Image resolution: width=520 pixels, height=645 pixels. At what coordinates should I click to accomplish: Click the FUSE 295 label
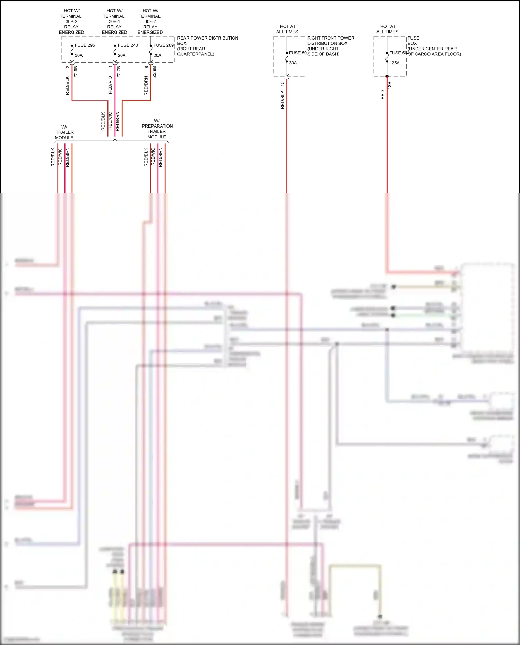pyautogui.click(x=85, y=45)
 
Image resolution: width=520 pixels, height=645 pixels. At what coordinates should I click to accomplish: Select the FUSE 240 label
pyautogui.click(x=128, y=45)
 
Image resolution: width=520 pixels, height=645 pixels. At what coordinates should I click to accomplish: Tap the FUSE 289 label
pyautogui.click(x=163, y=45)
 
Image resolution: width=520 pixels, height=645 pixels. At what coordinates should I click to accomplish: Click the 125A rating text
pyautogui.click(x=395, y=63)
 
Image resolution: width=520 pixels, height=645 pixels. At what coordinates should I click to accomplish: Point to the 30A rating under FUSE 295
pyautogui.click(x=79, y=55)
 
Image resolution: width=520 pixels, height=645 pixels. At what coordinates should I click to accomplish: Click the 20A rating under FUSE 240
pyautogui.click(x=122, y=55)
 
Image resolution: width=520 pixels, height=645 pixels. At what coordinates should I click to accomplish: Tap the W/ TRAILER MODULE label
pyautogui.click(x=64, y=132)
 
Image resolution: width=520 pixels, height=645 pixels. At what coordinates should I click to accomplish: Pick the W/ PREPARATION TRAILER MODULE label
pyautogui.click(x=157, y=129)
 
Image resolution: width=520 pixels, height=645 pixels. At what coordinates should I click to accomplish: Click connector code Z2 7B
pyautogui.click(x=119, y=72)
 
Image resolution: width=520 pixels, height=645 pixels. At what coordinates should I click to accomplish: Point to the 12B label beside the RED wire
pyautogui.click(x=390, y=85)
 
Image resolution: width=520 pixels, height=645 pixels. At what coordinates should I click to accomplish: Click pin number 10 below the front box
pyautogui.click(x=282, y=84)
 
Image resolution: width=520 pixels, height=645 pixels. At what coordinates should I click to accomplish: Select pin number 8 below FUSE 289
pyautogui.click(x=147, y=67)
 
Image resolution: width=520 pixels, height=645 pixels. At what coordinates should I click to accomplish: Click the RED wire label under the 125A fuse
pyautogui.click(x=383, y=95)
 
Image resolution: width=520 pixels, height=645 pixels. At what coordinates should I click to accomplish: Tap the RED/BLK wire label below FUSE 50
pyautogui.click(x=282, y=100)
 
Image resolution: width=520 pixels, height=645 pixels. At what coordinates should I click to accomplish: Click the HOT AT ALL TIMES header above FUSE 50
pyautogui.click(x=287, y=29)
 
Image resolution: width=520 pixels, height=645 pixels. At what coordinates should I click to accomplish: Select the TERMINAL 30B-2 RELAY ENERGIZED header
pyautogui.click(x=71, y=21)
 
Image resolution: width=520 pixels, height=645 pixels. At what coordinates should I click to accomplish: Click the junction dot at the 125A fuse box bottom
pyautogui.click(x=387, y=76)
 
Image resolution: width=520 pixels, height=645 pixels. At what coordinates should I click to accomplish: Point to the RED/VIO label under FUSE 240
pyautogui.click(x=110, y=85)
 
